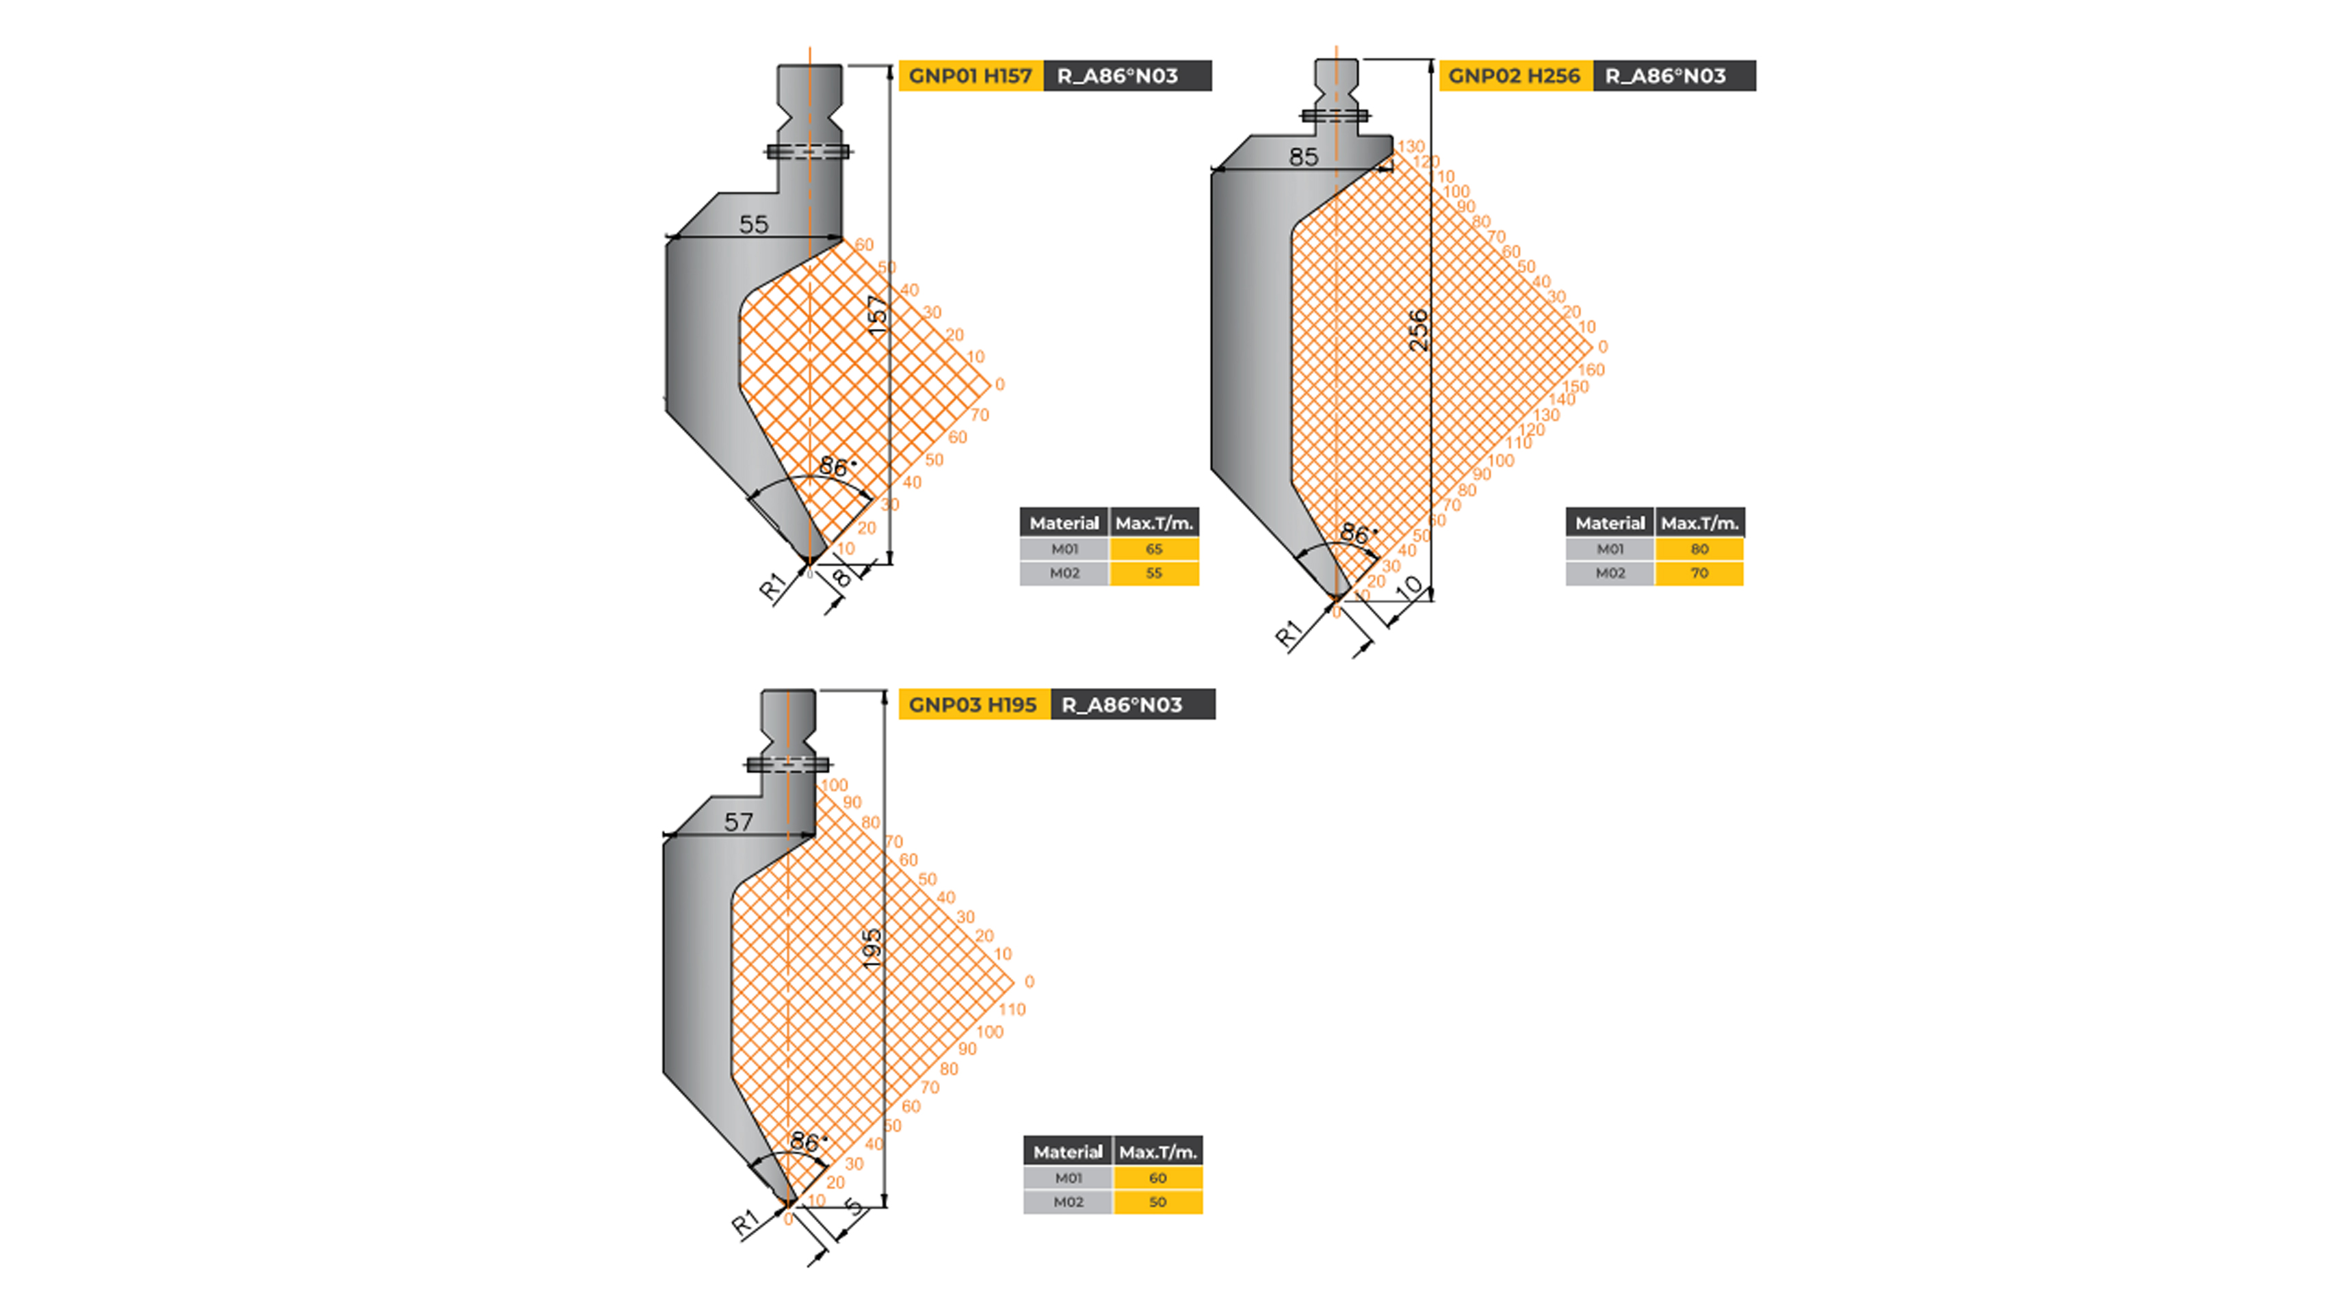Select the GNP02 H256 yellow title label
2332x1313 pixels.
point(1514,76)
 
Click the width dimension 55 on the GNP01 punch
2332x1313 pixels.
point(753,224)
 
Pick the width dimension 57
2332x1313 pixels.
point(738,821)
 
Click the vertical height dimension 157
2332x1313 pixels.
point(877,315)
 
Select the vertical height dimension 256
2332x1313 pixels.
point(1419,330)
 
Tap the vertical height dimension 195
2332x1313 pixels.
point(872,949)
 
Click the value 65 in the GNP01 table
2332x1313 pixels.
point(1153,549)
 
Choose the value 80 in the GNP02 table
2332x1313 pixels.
point(1699,549)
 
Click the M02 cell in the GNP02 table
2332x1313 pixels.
point(1610,574)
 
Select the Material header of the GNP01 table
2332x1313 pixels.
point(1064,523)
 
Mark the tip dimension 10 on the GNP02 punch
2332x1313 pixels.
point(1409,587)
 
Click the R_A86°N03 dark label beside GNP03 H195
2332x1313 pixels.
point(1122,705)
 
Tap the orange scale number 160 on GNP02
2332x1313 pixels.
point(1590,370)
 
